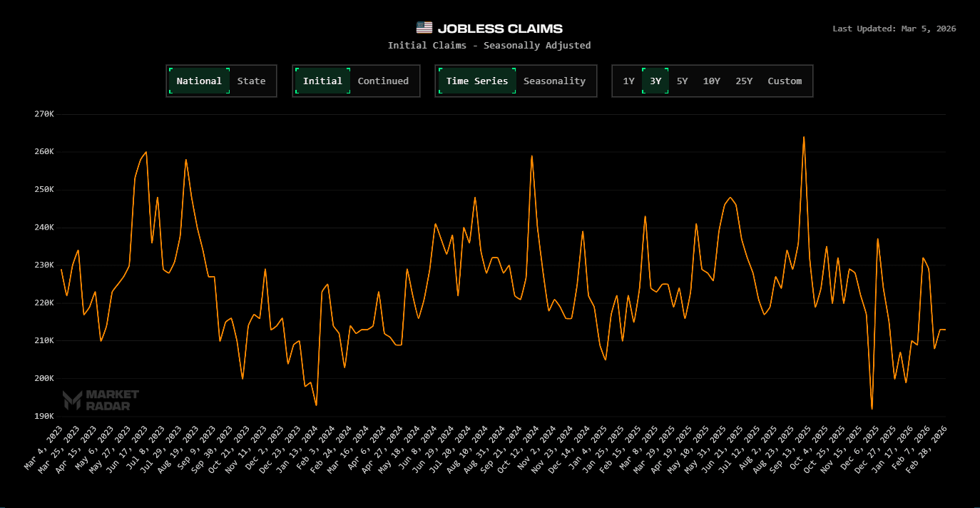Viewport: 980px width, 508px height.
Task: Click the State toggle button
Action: click(x=251, y=81)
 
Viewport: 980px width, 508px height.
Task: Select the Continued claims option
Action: click(x=383, y=81)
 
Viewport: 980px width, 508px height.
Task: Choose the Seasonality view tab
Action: click(x=554, y=81)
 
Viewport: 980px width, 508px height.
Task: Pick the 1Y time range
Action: click(x=628, y=81)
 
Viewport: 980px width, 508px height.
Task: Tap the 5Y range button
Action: click(x=682, y=81)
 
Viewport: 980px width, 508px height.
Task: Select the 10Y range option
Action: click(x=711, y=81)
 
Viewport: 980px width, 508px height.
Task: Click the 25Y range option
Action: click(x=744, y=81)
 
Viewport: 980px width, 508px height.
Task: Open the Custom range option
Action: click(x=785, y=81)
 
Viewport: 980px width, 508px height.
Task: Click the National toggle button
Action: click(x=199, y=81)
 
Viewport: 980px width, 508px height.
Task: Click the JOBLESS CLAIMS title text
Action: click(x=500, y=29)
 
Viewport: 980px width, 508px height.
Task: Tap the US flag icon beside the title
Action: click(x=424, y=28)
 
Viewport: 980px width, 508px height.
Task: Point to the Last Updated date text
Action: click(x=894, y=29)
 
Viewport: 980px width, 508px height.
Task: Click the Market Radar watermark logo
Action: click(x=101, y=400)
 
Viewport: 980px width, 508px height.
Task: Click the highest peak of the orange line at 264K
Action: click(x=804, y=137)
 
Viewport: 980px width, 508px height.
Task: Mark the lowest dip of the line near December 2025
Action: click(x=872, y=408)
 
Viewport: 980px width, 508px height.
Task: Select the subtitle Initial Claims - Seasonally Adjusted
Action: click(x=489, y=46)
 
